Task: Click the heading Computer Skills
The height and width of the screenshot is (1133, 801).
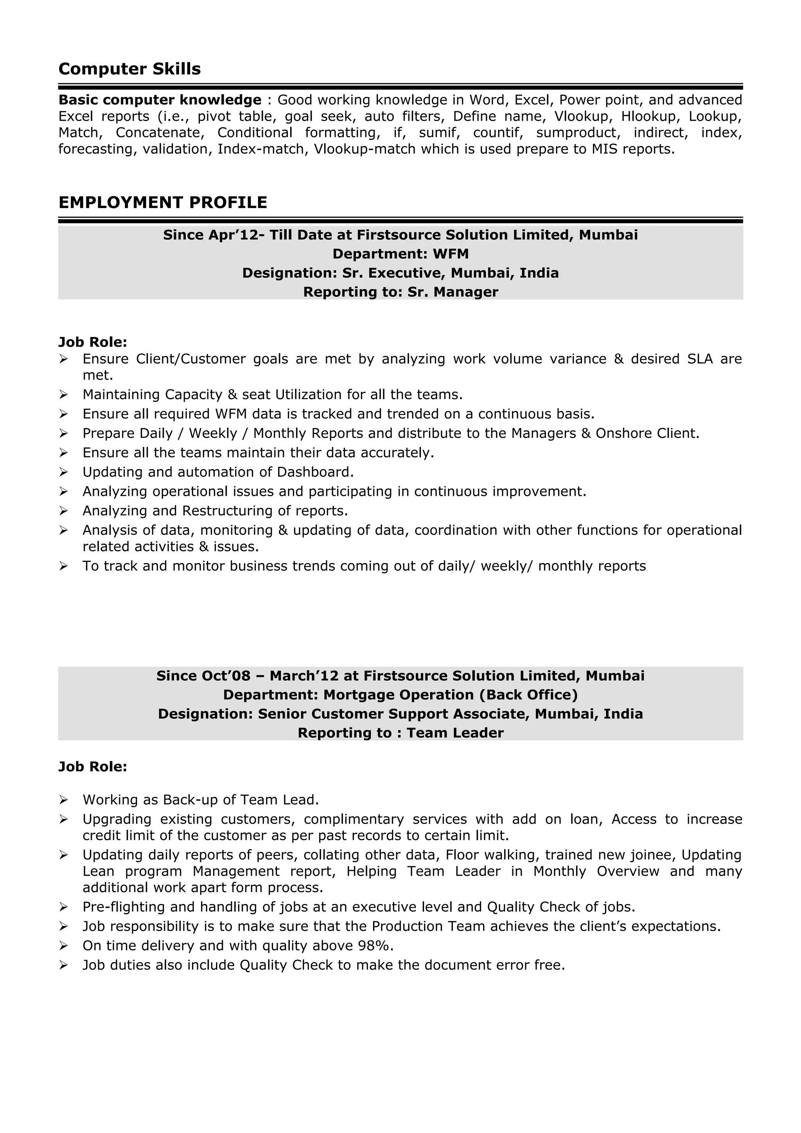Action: [x=129, y=69]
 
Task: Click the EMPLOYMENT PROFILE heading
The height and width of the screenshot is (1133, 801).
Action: [x=162, y=203]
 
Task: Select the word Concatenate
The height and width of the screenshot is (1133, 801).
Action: [x=160, y=133]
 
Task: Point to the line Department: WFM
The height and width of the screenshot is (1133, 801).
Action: [x=400, y=254]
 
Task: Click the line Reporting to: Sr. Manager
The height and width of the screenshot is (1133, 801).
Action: [x=400, y=292]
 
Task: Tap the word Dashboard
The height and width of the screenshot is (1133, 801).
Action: [x=315, y=472]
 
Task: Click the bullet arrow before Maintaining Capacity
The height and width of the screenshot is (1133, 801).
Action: [x=63, y=395]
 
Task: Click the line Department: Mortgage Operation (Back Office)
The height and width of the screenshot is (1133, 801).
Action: [x=400, y=695]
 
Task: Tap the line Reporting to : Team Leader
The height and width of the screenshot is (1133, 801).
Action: [x=400, y=733]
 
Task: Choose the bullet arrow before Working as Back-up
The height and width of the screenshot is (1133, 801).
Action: [x=63, y=800]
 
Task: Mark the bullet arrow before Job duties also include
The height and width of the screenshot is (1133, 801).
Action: [x=63, y=965]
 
